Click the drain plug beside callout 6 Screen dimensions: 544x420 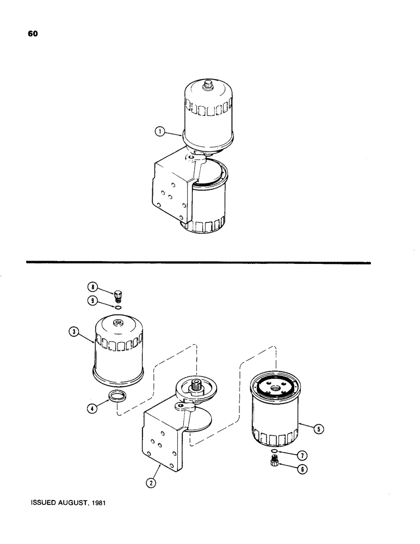[275, 462]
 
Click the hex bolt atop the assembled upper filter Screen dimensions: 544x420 [207, 85]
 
